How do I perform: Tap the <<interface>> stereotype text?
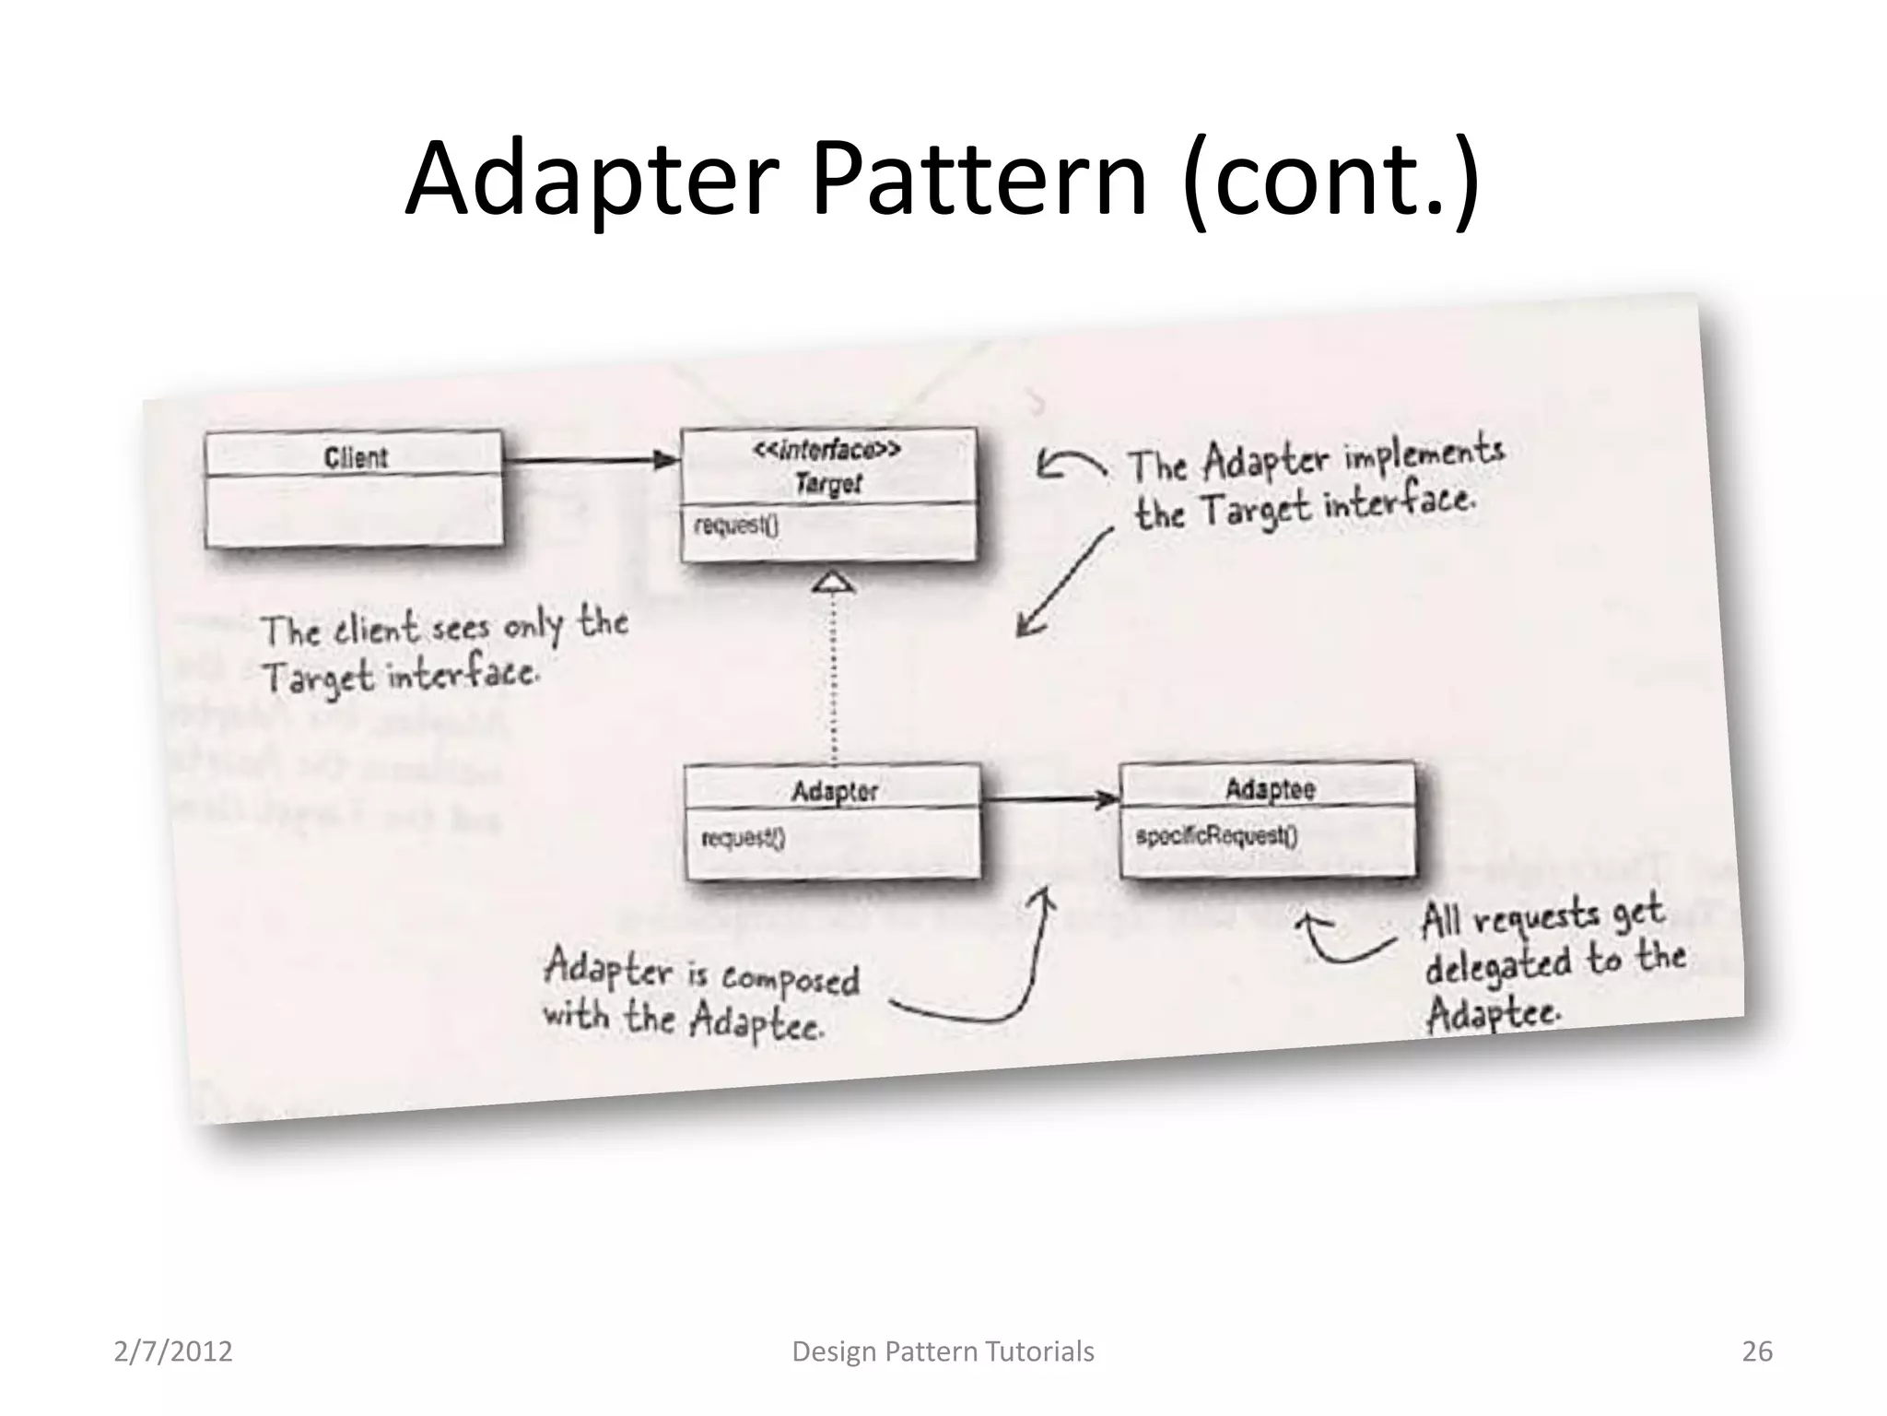[826, 450]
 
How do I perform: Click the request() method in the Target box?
[736, 525]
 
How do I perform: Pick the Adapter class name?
[834, 791]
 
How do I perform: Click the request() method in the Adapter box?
[743, 838]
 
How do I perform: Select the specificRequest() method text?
[1216, 836]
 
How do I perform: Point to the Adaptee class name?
[1270, 789]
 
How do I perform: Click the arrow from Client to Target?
[590, 459]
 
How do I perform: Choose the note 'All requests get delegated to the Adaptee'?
[1553, 963]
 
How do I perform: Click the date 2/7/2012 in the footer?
[173, 1351]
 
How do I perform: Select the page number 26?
[1757, 1351]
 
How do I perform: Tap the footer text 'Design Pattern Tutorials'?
[943, 1351]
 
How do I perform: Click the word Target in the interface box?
[827, 483]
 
